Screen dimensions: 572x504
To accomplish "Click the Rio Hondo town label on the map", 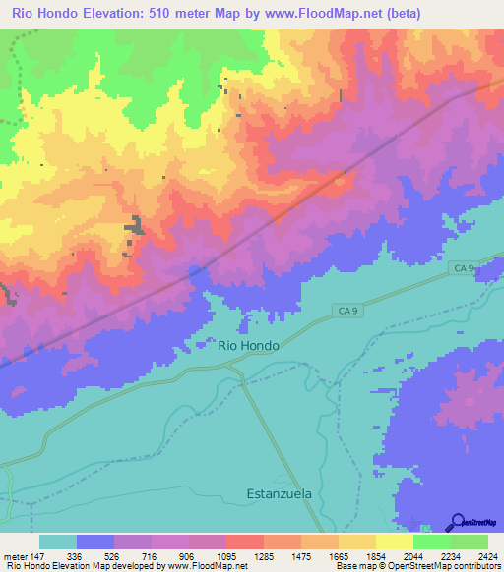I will pos(247,346).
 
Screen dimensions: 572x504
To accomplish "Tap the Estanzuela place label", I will pos(284,494).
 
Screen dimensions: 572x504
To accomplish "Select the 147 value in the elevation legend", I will pos(38,555).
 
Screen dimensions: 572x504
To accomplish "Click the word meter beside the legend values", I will pos(14,555).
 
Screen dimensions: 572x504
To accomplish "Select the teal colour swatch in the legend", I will pos(58,542).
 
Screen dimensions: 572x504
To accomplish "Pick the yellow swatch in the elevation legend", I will pos(394,542).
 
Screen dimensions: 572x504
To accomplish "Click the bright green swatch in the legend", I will pos(431,542).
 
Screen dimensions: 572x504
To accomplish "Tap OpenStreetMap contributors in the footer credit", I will pos(448,566).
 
